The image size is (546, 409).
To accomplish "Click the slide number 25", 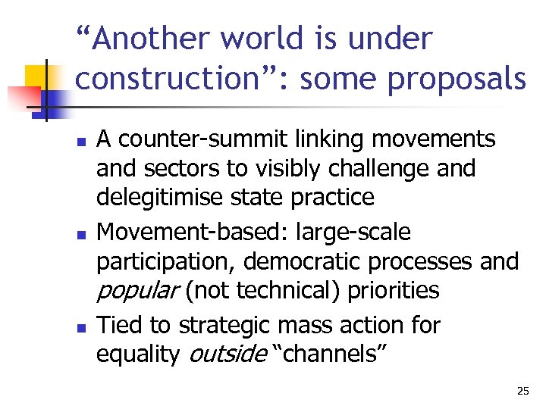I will pos(522,391).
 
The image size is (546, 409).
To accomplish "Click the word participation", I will pos(167,261).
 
